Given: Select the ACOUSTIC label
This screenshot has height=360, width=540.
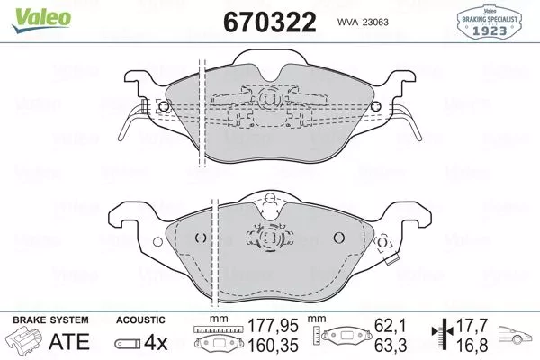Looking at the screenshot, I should [140, 320].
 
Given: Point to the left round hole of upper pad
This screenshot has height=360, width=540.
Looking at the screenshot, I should [163, 105].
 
